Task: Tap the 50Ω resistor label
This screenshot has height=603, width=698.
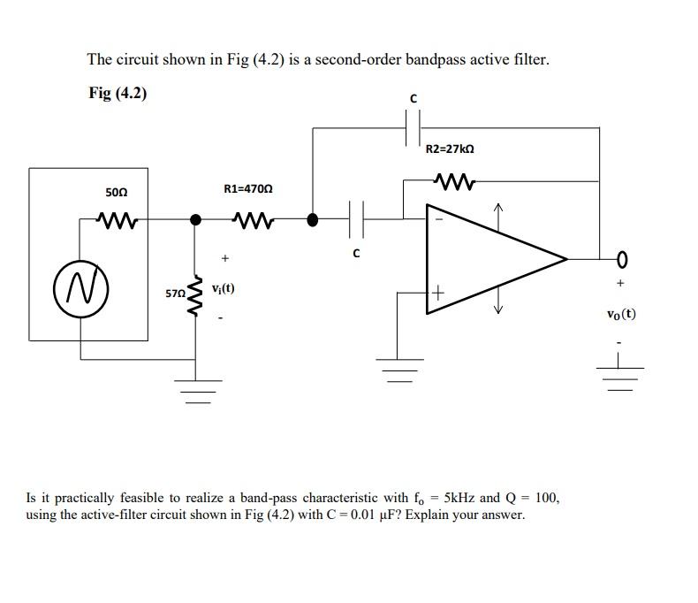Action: pos(116,191)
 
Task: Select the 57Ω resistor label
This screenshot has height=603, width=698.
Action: pos(176,292)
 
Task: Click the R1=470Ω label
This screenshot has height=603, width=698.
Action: pos(248,188)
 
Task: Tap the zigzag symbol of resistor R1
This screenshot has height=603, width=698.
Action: pos(252,218)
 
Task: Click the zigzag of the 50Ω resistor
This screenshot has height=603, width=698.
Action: pos(116,218)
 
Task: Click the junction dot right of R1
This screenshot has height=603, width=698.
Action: pos(312,218)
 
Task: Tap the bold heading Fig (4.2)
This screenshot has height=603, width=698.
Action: pos(118,93)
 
